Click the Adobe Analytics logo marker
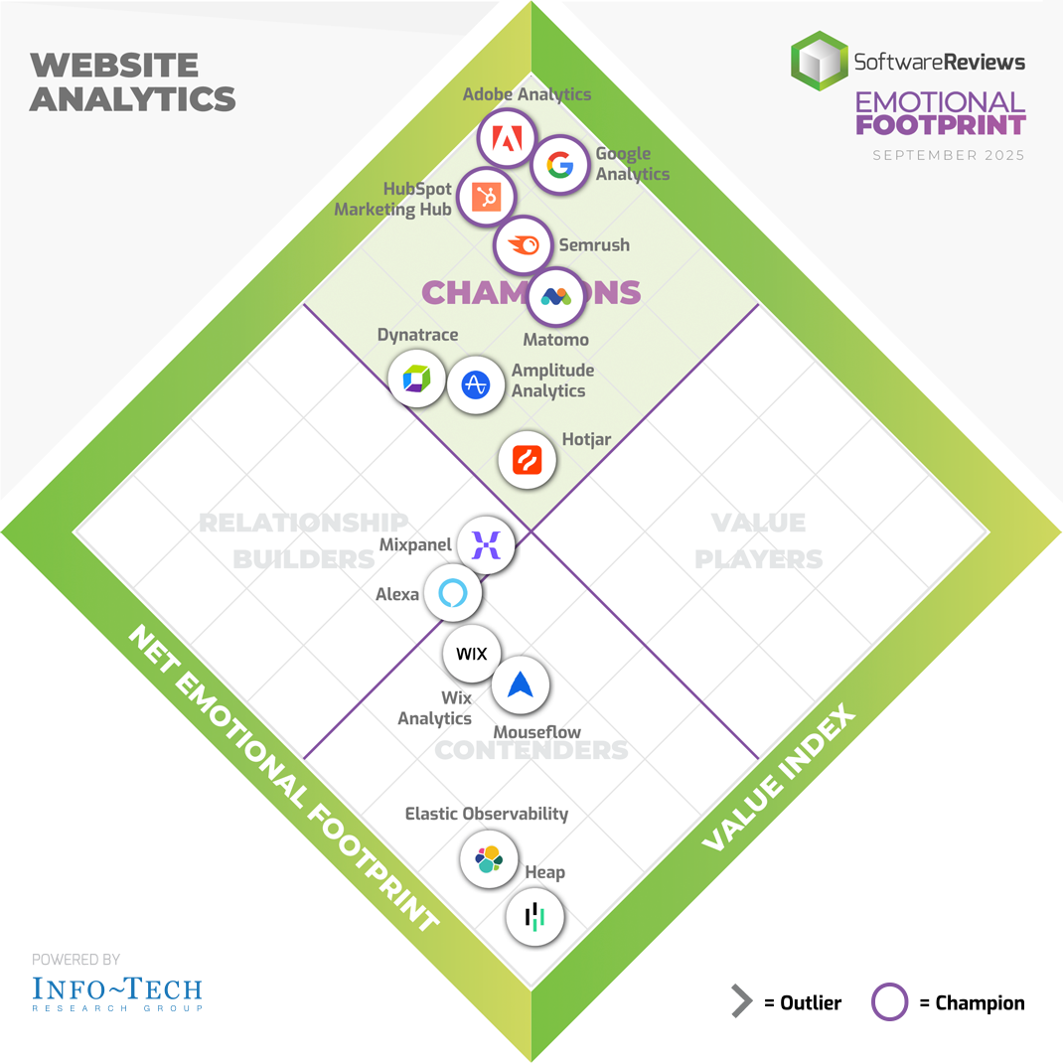pos(507,140)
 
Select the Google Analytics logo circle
pos(560,165)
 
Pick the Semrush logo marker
pos(523,245)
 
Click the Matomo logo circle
pos(554,296)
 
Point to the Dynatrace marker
pos(416,378)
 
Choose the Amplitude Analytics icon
pos(476,384)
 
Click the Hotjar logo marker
pos(527,460)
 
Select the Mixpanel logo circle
pos(485,545)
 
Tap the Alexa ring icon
pos(453,594)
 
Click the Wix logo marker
pos(471,654)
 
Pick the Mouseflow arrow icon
pos(521,684)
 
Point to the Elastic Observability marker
pos(489,857)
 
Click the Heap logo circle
pos(534,916)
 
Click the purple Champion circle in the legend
pos(889,1002)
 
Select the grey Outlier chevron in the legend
pos(741,1002)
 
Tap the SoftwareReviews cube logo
pos(820,61)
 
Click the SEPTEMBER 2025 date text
pos(948,155)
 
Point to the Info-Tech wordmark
pos(116,989)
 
